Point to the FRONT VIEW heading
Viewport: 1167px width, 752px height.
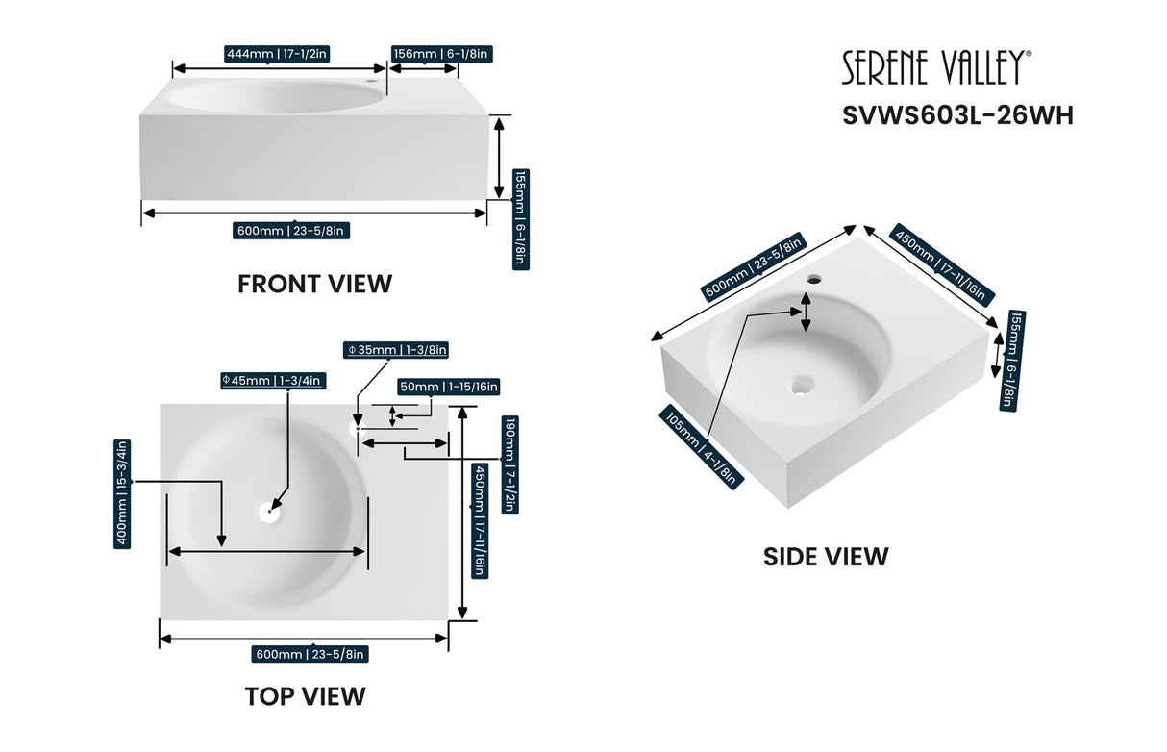tap(314, 284)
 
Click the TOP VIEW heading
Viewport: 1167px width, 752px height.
tap(305, 695)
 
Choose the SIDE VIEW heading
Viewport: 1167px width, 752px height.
tap(826, 556)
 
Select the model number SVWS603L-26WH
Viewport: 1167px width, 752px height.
tap(957, 115)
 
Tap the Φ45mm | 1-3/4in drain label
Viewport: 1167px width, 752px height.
tap(272, 381)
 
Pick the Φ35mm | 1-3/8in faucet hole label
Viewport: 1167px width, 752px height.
tap(395, 351)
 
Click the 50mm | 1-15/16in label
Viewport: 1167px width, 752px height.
tap(448, 387)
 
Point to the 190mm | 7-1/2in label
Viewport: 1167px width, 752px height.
tap(510, 464)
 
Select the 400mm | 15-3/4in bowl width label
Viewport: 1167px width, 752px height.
tap(122, 493)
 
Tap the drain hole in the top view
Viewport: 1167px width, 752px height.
tap(268, 513)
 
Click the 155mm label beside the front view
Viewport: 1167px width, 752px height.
tap(519, 218)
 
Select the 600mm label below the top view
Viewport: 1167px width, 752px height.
tap(309, 654)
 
